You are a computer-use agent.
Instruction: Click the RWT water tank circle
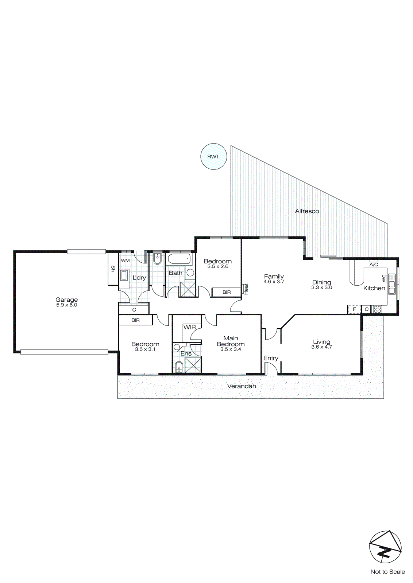coord(214,156)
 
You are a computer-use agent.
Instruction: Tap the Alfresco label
coord(307,211)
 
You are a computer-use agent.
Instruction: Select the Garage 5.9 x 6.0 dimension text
coord(67,305)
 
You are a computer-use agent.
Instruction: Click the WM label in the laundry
coord(125,261)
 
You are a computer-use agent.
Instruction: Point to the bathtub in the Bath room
coord(179,259)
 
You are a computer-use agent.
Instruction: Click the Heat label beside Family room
coord(246,289)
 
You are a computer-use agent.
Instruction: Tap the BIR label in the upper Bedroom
coord(227,292)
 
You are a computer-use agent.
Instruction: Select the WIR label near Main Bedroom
coord(190,327)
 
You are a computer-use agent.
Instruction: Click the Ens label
coord(186,353)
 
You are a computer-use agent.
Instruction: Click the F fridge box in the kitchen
coord(354,309)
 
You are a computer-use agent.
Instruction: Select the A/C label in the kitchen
coord(374,265)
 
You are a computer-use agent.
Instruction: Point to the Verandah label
coord(242,386)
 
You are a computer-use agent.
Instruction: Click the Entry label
coord(271,358)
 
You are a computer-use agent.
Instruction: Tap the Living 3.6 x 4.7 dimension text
coord(321,347)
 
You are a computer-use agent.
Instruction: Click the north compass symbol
coord(385,547)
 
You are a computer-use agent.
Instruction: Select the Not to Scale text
coord(387,572)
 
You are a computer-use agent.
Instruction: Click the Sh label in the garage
coord(113,269)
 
